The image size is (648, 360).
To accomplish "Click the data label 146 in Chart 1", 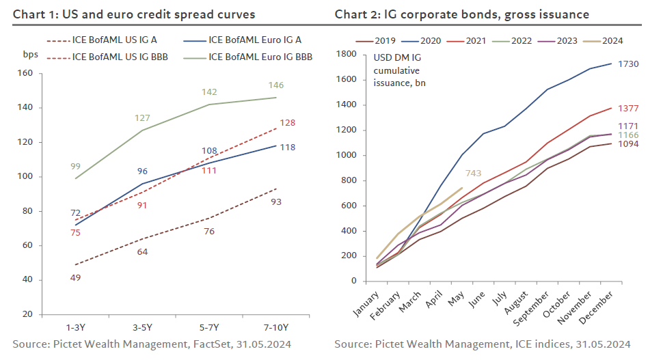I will [x=275, y=85].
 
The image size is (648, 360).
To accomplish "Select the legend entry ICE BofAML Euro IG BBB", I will [x=260, y=57].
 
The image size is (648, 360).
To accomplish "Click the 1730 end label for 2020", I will [x=627, y=64].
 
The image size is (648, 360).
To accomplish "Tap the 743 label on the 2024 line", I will [x=475, y=174].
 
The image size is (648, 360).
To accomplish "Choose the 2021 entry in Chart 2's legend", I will [x=470, y=40].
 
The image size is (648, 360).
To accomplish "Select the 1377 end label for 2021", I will [x=627, y=109].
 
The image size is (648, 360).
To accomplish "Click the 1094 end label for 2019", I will [x=627, y=144].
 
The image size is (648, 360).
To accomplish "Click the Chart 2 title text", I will [x=461, y=14].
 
